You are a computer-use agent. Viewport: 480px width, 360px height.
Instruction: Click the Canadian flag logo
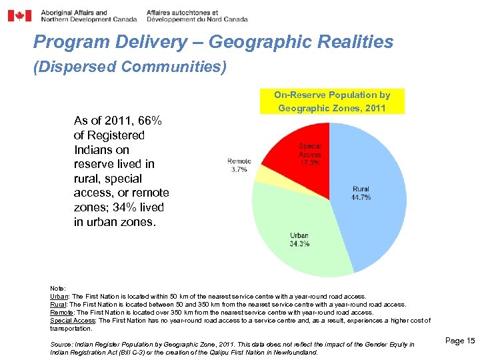19,15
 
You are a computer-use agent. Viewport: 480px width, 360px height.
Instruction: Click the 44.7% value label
361,197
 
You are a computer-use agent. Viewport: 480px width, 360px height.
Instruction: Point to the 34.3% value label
299,244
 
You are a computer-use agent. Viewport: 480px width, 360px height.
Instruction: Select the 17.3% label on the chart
310,162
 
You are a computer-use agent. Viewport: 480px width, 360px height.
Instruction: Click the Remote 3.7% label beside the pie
238,165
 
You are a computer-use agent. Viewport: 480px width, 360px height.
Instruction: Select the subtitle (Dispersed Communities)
130,67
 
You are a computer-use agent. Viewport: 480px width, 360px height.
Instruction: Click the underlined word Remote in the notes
62,312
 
